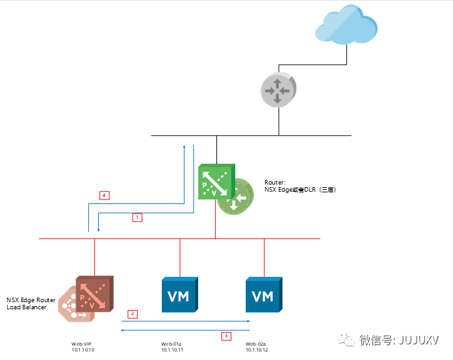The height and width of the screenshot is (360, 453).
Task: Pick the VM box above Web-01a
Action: click(x=179, y=296)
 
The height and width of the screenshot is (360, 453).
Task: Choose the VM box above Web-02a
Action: click(x=263, y=296)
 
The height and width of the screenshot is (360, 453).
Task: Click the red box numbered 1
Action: click(x=136, y=218)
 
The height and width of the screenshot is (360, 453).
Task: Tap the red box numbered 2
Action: click(x=132, y=314)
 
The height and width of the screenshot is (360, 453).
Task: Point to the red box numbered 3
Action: click(x=226, y=336)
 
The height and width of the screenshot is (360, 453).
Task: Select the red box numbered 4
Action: click(x=103, y=195)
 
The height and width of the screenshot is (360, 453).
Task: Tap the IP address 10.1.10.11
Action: click(x=172, y=350)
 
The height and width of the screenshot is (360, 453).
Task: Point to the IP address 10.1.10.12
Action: click(x=257, y=350)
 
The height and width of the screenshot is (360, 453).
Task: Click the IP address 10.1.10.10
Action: click(x=83, y=350)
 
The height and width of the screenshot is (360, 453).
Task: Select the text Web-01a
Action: click(x=172, y=344)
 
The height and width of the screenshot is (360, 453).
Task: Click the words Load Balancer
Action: click(x=27, y=307)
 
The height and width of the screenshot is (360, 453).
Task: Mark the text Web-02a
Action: click(x=256, y=344)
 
